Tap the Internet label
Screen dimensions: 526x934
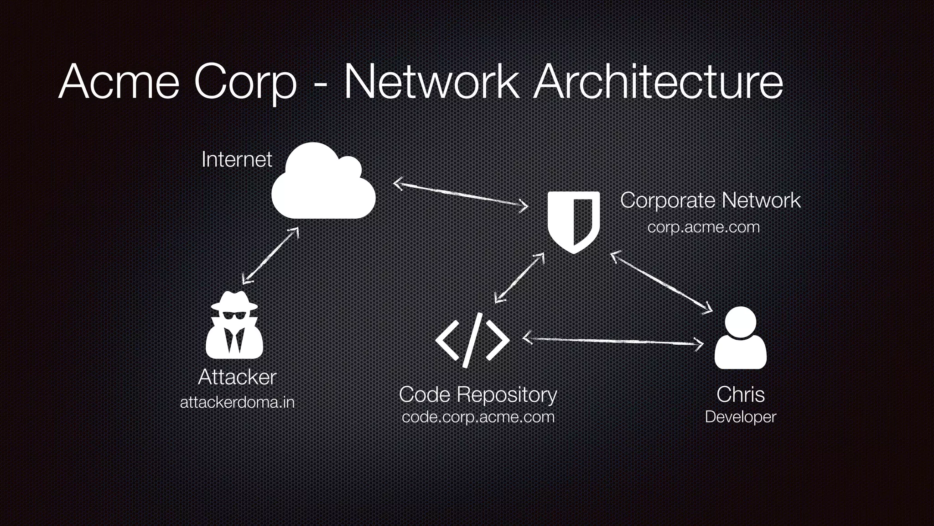237,159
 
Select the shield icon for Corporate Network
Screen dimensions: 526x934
573,221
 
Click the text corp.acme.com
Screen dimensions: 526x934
703,227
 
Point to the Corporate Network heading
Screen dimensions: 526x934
710,200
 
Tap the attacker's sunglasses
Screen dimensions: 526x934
234,316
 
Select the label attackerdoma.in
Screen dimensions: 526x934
237,402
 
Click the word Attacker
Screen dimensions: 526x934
237,377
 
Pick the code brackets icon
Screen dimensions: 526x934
472,340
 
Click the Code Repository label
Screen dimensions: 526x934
478,394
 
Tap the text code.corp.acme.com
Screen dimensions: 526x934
478,417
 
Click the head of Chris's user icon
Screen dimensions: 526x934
740,321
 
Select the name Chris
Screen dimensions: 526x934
740,394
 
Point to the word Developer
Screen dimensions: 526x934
740,417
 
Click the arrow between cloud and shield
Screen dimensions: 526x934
461,195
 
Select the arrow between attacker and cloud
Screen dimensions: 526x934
270,255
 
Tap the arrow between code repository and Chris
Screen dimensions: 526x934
612,341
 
